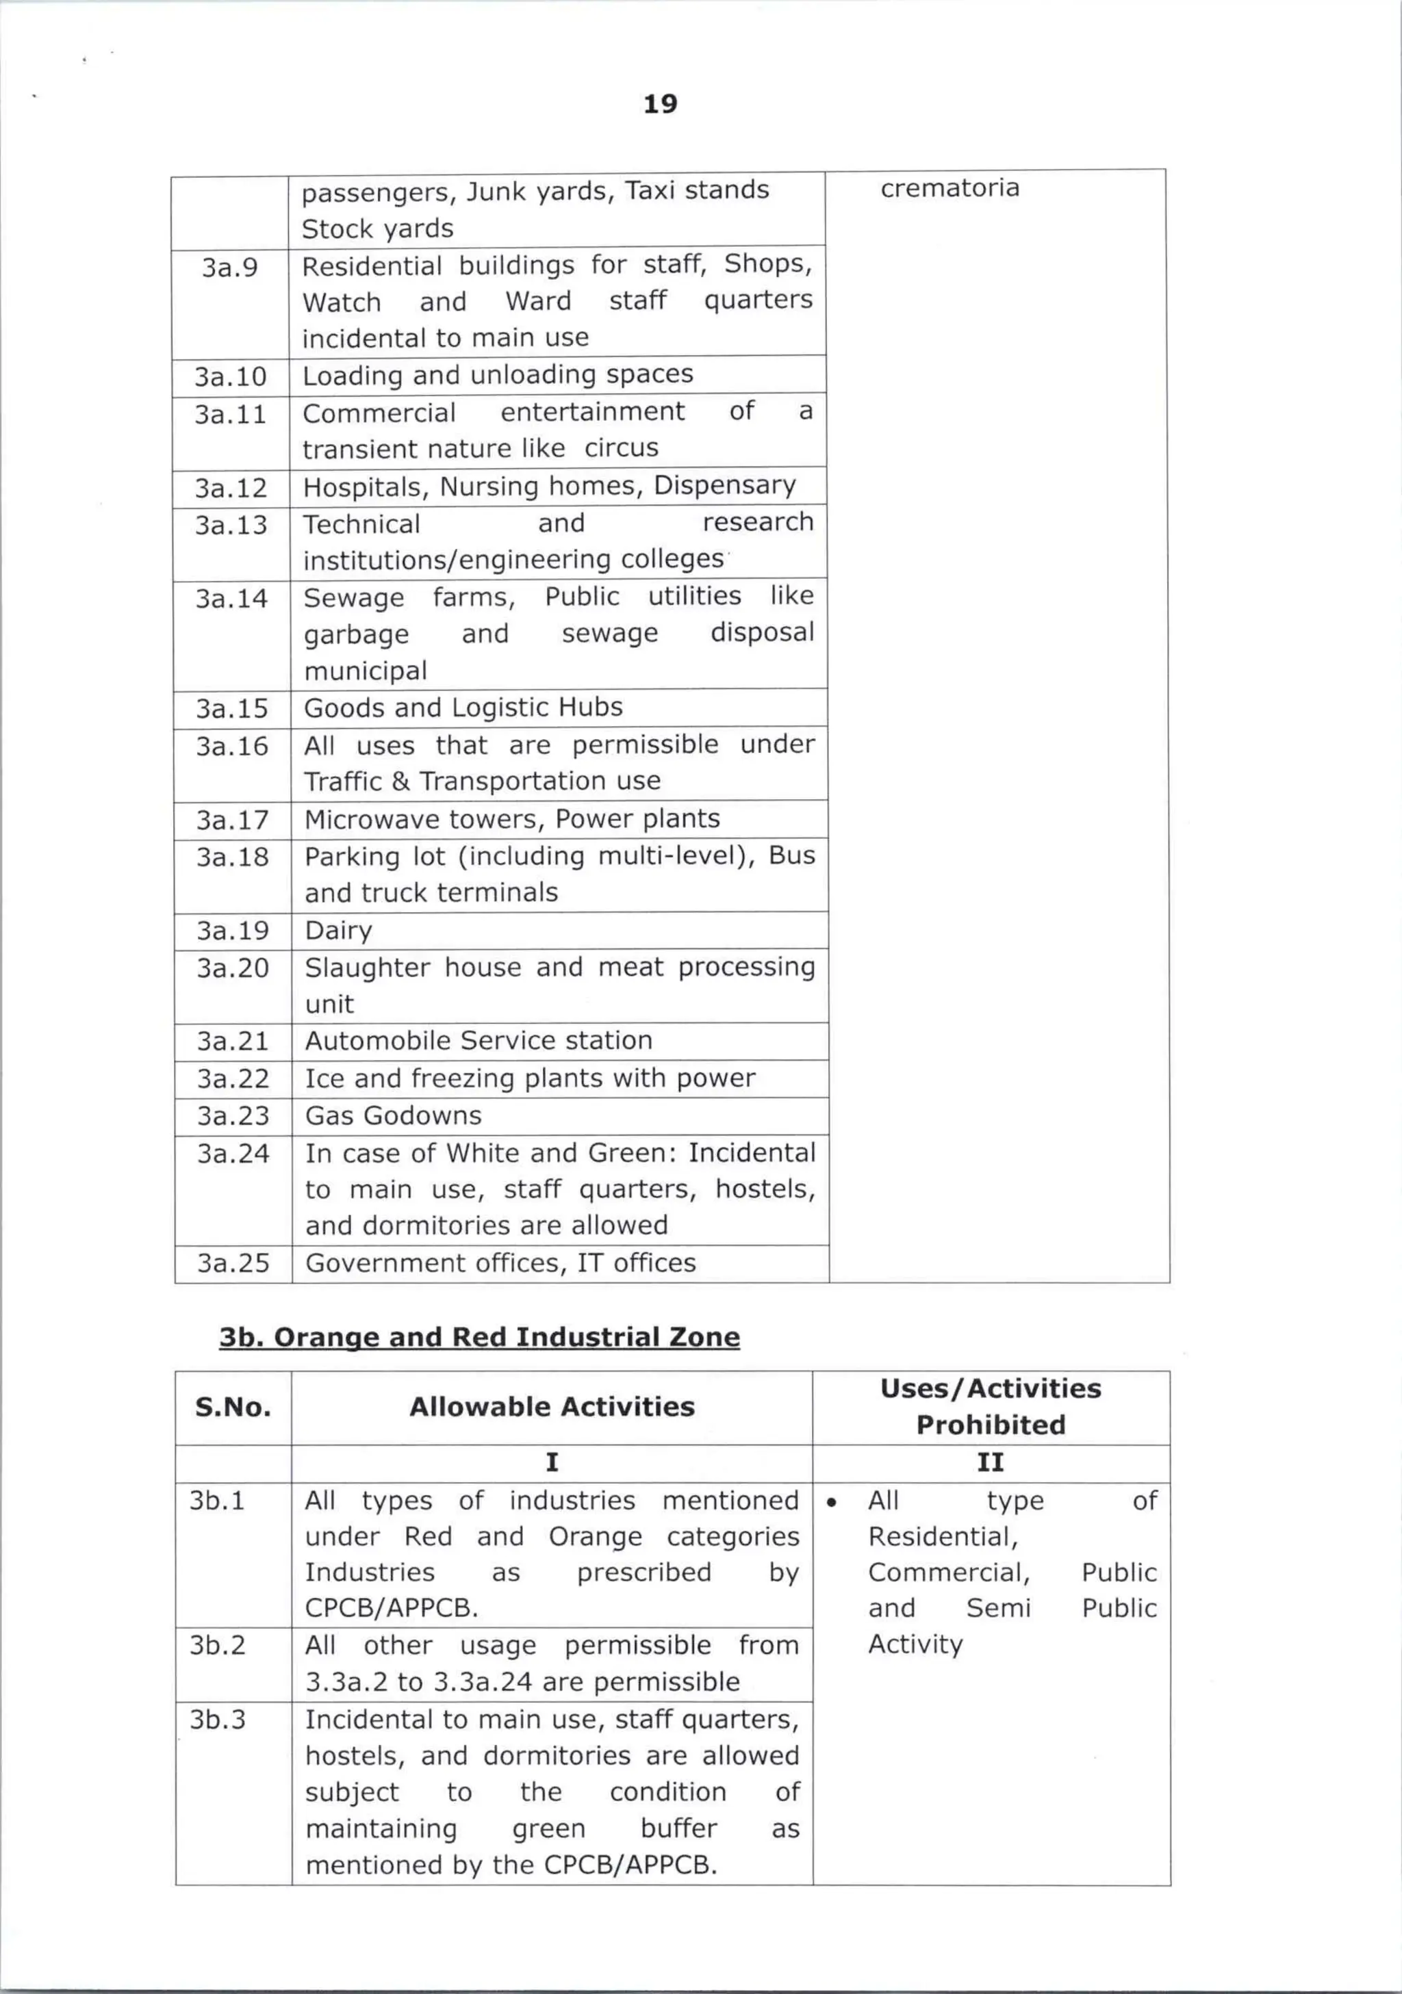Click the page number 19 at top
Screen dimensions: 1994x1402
(660, 104)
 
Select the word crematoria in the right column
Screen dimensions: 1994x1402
(949, 188)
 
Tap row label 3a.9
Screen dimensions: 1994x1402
(230, 268)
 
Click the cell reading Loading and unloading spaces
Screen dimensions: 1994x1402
(498, 374)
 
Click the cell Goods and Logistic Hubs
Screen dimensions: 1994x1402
(463, 708)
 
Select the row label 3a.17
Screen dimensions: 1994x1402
(232, 820)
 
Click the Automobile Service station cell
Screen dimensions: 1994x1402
(479, 1040)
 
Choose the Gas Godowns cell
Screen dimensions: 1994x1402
(393, 1116)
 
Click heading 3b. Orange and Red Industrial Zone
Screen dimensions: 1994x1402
(479, 1336)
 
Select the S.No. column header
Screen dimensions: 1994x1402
(233, 1407)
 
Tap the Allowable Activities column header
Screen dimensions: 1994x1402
(552, 1407)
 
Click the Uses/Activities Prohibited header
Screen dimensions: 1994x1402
(991, 1406)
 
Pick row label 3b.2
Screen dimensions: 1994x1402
(218, 1645)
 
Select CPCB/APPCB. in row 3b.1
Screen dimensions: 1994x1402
(392, 1608)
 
